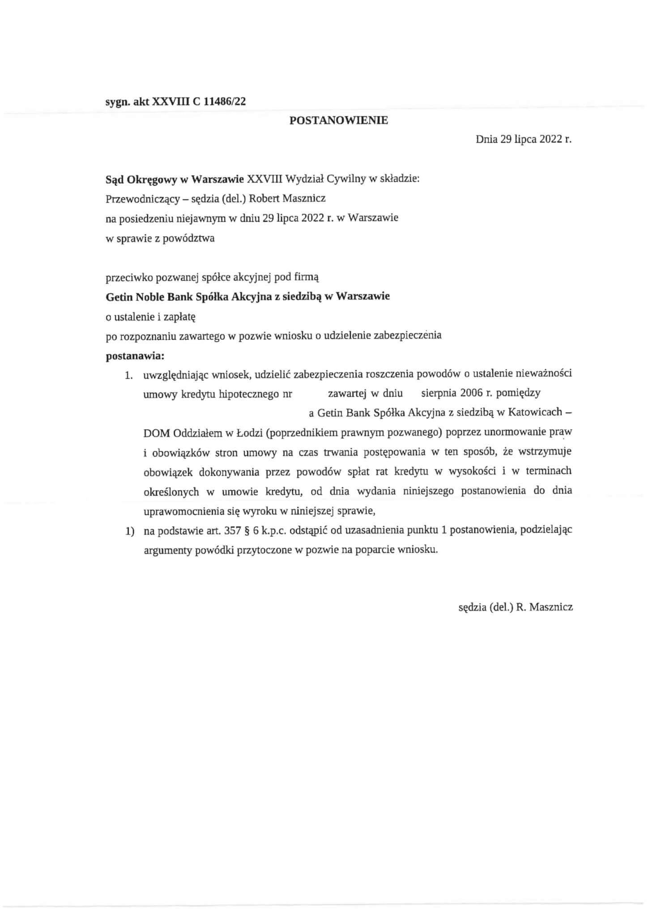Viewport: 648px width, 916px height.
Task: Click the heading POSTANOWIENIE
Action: pyautogui.click(x=339, y=120)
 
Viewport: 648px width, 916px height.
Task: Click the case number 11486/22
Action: pyautogui.click(x=225, y=102)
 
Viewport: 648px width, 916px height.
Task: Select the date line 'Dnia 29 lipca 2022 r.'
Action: pyautogui.click(x=524, y=139)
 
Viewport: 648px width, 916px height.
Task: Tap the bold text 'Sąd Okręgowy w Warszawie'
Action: pyautogui.click(x=175, y=179)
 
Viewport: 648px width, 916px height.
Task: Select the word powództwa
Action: pyautogui.click(x=188, y=238)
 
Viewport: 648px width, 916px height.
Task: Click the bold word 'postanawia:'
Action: pyautogui.click(x=135, y=356)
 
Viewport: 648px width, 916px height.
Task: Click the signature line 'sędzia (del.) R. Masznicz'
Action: pyautogui.click(x=516, y=607)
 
